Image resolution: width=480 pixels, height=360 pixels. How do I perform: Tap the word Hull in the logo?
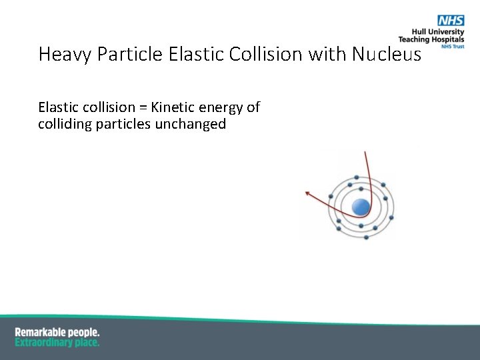pos(420,33)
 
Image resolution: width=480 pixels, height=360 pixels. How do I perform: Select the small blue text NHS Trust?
pos(453,47)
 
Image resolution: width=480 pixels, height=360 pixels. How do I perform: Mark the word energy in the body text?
pos(224,107)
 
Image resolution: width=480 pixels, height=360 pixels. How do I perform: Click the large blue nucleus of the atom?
pos(361,207)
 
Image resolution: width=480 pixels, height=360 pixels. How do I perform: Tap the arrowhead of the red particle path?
pos(307,193)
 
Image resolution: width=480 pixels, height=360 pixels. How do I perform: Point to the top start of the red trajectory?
pos(365,153)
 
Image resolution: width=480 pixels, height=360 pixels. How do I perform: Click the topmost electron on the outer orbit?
pos(357,177)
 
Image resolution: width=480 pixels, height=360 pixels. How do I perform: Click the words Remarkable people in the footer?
pos(57,332)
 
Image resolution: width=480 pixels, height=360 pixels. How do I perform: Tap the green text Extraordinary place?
pos(57,342)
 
